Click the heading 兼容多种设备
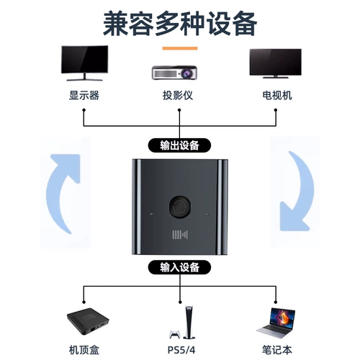(x=180, y=24)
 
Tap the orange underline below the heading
(x=180, y=48)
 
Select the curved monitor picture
(x=84, y=63)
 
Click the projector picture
(x=174, y=73)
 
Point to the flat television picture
(x=276, y=63)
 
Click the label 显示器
(x=84, y=95)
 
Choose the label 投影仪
(x=178, y=95)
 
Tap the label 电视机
(x=277, y=95)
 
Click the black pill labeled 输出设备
(x=179, y=145)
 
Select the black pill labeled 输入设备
(x=179, y=267)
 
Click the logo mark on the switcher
(x=180, y=235)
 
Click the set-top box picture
(x=88, y=321)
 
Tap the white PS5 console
(x=189, y=323)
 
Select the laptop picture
(x=276, y=323)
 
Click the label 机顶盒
(x=84, y=350)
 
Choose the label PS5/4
(x=181, y=350)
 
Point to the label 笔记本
(x=277, y=350)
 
